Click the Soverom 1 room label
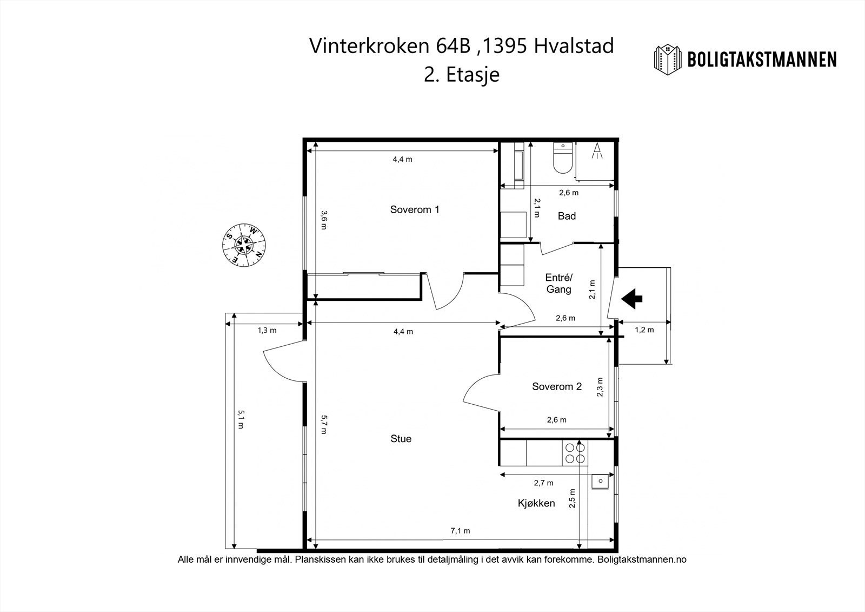click(415, 209)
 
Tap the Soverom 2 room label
click(557, 386)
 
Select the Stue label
click(401, 439)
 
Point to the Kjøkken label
click(536, 503)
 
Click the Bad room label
click(567, 216)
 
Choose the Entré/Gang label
click(559, 284)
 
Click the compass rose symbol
click(244, 245)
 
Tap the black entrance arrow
click(632, 299)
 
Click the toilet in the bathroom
click(563, 159)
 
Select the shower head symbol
click(597, 150)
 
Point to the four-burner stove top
click(575, 453)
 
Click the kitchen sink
click(600, 482)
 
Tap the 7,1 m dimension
click(460, 531)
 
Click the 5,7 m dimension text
click(324, 424)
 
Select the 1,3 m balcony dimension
click(267, 331)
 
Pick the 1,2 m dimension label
click(644, 330)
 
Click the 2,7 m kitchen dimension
click(544, 483)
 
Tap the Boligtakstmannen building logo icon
click(667, 60)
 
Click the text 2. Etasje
click(462, 74)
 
